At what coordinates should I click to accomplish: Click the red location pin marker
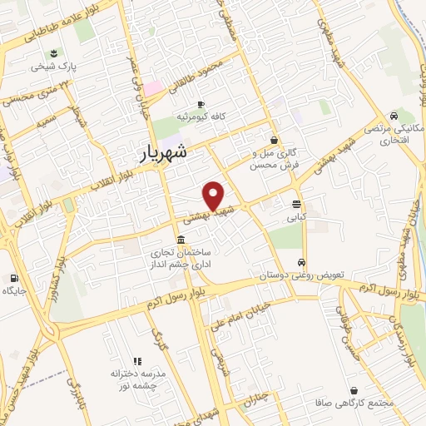[214, 195]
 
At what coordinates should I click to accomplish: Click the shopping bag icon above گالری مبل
[274, 140]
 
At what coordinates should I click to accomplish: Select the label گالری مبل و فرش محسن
[274, 159]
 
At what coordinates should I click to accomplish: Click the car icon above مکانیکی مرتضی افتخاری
[394, 116]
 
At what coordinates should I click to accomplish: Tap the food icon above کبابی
[297, 204]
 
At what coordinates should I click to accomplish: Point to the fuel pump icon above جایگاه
[14, 278]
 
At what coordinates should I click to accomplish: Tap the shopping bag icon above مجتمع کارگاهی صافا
[354, 389]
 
